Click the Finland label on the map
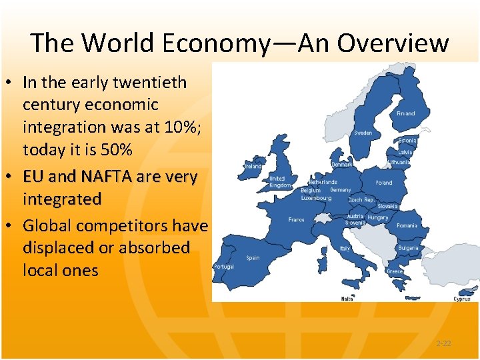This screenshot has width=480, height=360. (405, 113)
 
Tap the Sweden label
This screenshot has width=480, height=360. (363, 133)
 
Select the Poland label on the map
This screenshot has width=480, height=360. (384, 182)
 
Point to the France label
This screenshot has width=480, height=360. (296, 219)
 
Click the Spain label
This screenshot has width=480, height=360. (253, 257)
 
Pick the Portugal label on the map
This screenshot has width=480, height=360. (223, 267)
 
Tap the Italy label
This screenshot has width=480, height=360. (345, 248)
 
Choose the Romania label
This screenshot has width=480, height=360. (406, 225)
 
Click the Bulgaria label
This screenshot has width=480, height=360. (408, 248)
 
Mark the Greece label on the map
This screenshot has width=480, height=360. (395, 271)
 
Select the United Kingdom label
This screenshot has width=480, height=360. (279, 182)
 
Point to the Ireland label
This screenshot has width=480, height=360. (253, 166)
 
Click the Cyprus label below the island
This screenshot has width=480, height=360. (462, 299)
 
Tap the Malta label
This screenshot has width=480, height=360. (347, 299)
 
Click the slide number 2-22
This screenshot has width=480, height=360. (443, 343)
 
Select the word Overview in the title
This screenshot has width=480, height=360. (393, 43)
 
